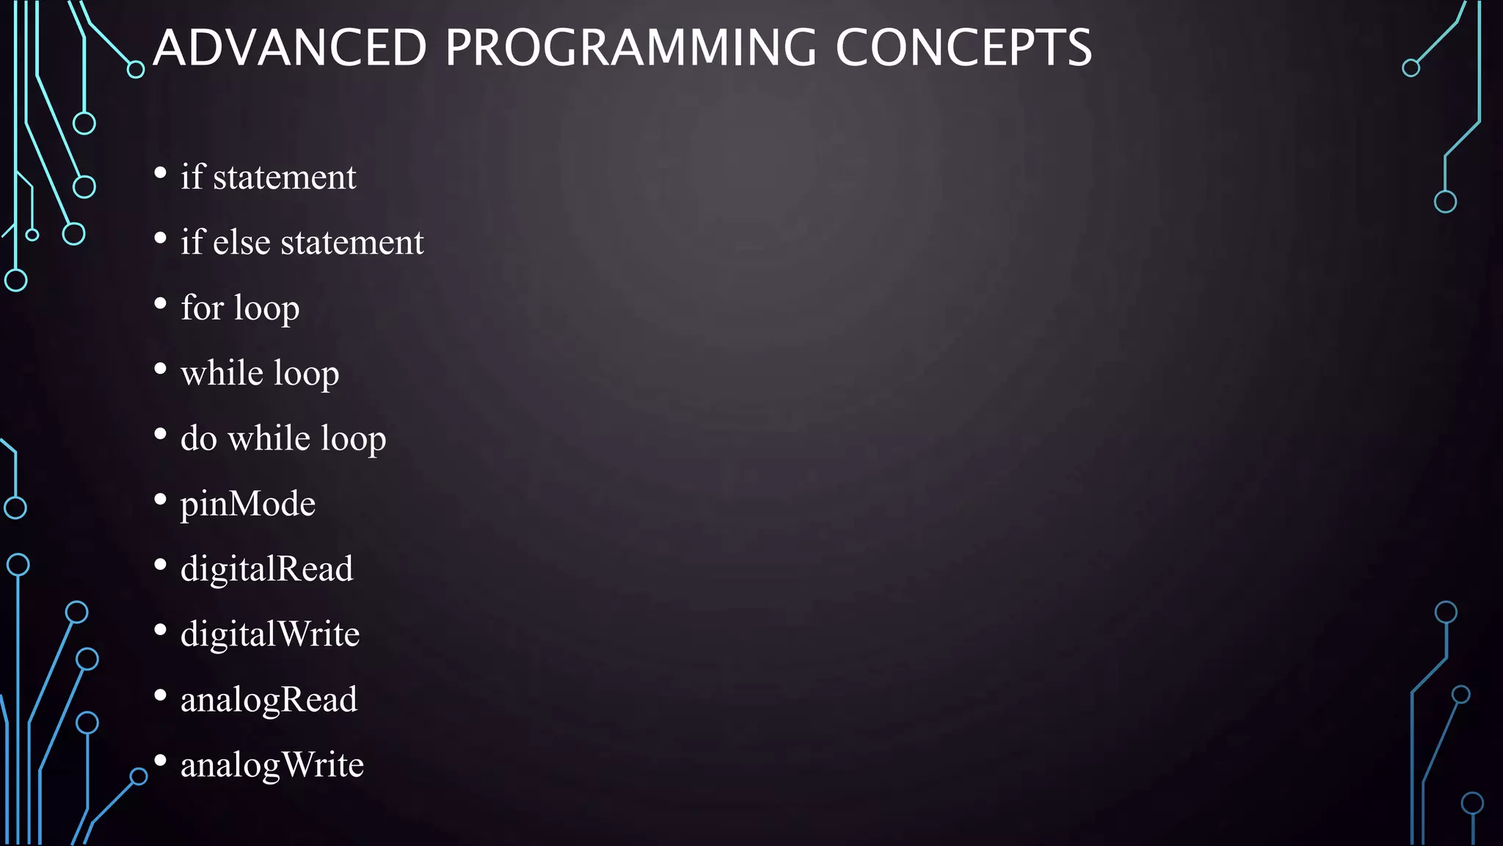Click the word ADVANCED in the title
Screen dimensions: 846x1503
click(290, 48)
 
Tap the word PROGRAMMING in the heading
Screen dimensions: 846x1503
click(630, 48)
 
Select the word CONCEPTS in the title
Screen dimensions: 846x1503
click(963, 48)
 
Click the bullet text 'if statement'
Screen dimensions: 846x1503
click(268, 177)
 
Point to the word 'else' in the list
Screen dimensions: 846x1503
click(241, 242)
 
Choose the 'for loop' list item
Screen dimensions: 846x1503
click(240, 308)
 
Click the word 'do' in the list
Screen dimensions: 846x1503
click(198, 438)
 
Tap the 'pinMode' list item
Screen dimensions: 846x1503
click(248, 504)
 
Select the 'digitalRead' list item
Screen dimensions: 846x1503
click(266, 569)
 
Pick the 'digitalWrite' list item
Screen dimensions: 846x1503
click(270, 634)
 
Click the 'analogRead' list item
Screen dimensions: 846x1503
click(269, 700)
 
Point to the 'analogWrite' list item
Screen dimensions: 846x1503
click(272, 765)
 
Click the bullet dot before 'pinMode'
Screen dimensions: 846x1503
click(161, 500)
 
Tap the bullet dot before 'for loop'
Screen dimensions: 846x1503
click(161, 303)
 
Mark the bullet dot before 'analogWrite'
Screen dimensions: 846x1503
click(161, 761)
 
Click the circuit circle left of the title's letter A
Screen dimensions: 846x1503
click(136, 70)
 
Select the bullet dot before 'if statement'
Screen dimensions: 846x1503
click(161, 173)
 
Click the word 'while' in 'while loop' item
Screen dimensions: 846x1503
click(222, 373)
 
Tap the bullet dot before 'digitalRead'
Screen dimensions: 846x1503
click(161, 565)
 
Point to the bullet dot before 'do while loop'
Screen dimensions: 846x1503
click(161, 434)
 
